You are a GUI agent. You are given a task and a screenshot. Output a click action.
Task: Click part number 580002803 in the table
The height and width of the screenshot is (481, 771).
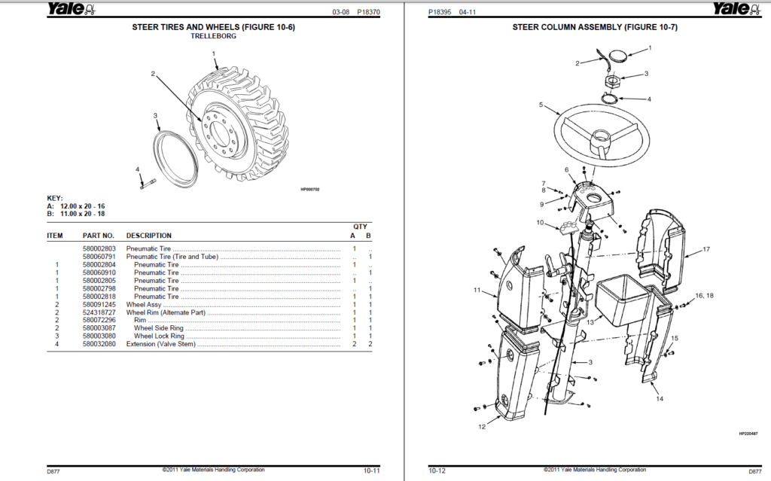pyautogui.click(x=99, y=248)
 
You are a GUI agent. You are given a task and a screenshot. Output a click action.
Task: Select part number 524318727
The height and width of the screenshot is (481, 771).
pyautogui.click(x=99, y=312)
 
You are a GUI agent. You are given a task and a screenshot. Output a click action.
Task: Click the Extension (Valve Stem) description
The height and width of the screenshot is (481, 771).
pyautogui.click(x=161, y=345)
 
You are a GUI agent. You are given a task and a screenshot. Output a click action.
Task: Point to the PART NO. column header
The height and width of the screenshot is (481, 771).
pyautogui.click(x=99, y=236)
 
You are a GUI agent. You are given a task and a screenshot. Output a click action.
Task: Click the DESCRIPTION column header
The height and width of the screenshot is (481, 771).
pyautogui.click(x=148, y=236)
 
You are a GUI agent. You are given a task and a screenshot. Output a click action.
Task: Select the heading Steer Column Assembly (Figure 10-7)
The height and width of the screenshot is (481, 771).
pyautogui.click(x=595, y=27)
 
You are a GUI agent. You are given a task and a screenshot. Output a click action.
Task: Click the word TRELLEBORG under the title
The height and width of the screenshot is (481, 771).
pyautogui.click(x=213, y=36)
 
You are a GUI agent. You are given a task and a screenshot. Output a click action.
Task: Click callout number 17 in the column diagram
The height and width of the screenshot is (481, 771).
pyautogui.click(x=706, y=249)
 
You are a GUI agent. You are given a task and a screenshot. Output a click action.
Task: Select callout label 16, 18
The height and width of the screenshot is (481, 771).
pyautogui.click(x=704, y=296)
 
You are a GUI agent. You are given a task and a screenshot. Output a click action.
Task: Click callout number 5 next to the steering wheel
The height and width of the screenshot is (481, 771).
pyautogui.click(x=541, y=105)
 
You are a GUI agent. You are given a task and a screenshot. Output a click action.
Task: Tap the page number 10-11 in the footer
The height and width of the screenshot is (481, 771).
pyautogui.click(x=371, y=470)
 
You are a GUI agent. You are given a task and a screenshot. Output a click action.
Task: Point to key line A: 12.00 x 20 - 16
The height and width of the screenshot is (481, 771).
pyautogui.click(x=75, y=205)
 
